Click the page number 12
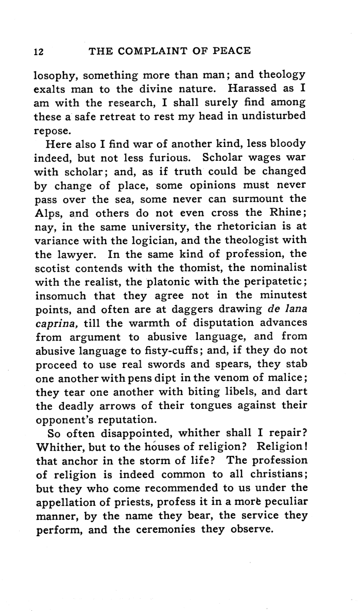(39, 51)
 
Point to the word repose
(52, 130)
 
